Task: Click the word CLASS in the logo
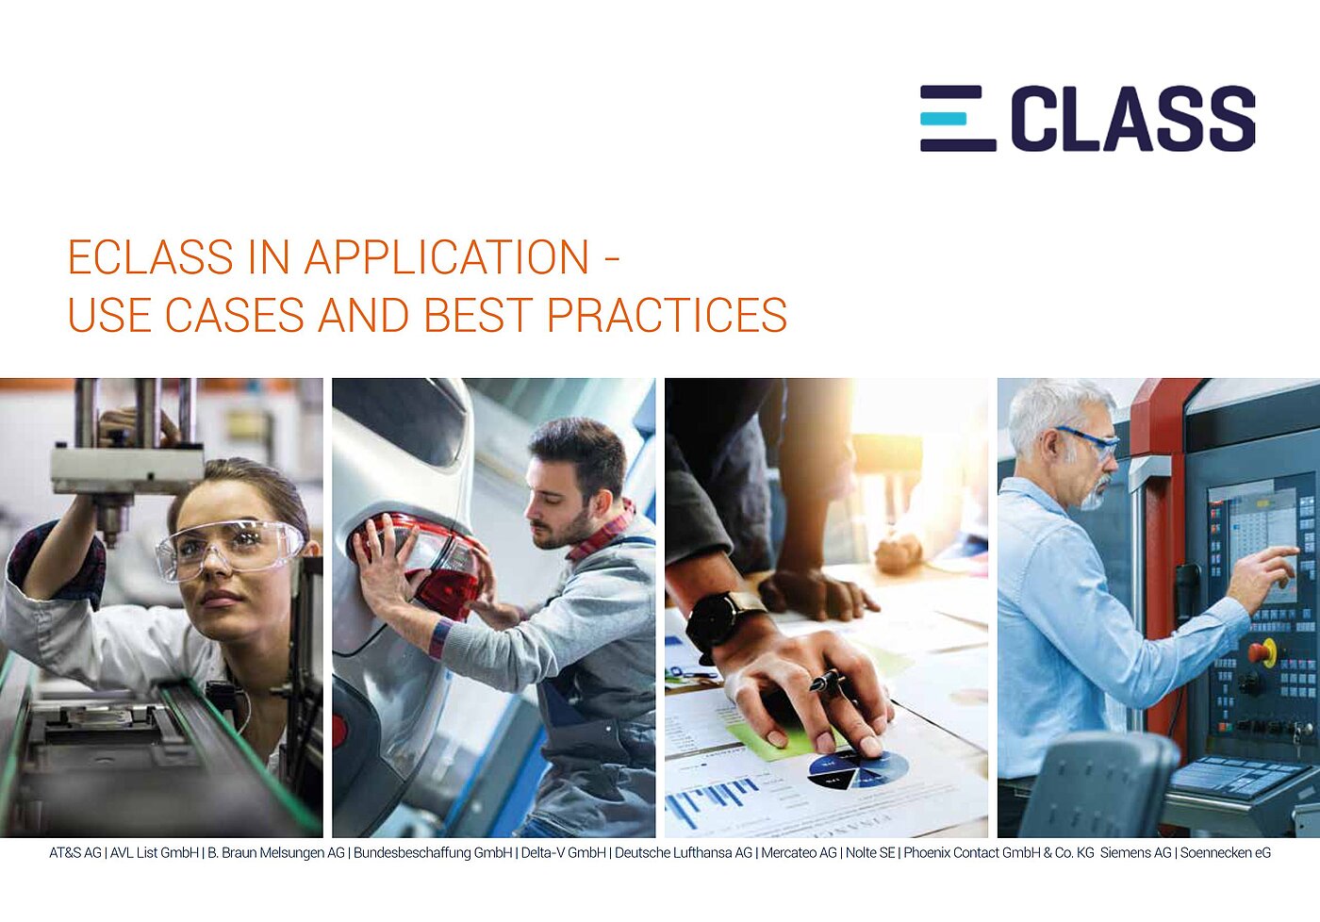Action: pos(1132,119)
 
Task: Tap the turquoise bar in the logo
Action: pos(944,119)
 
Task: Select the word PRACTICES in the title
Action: pos(667,315)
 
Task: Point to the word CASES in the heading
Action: pos(234,315)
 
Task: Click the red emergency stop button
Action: pos(1262,651)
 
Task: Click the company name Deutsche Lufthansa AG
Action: pos(683,853)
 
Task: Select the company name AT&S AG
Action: pos(74,853)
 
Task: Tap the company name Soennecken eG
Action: pos(1225,853)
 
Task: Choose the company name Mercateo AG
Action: pos(799,853)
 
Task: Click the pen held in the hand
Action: pos(827,681)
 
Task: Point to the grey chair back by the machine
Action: pos(1098,782)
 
